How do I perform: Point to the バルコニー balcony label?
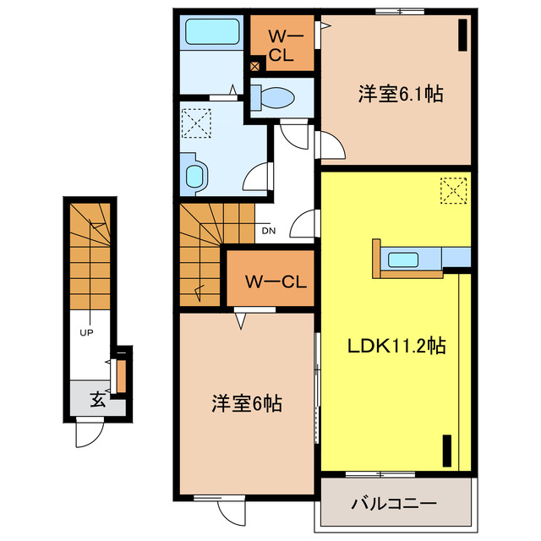(x=394, y=504)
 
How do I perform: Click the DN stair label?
(x=268, y=231)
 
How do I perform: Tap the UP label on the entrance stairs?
(x=86, y=332)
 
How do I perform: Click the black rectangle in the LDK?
(x=448, y=451)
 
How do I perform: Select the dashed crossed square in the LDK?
(x=455, y=190)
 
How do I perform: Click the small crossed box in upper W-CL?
(x=255, y=64)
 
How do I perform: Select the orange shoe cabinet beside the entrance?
(x=121, y=375)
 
